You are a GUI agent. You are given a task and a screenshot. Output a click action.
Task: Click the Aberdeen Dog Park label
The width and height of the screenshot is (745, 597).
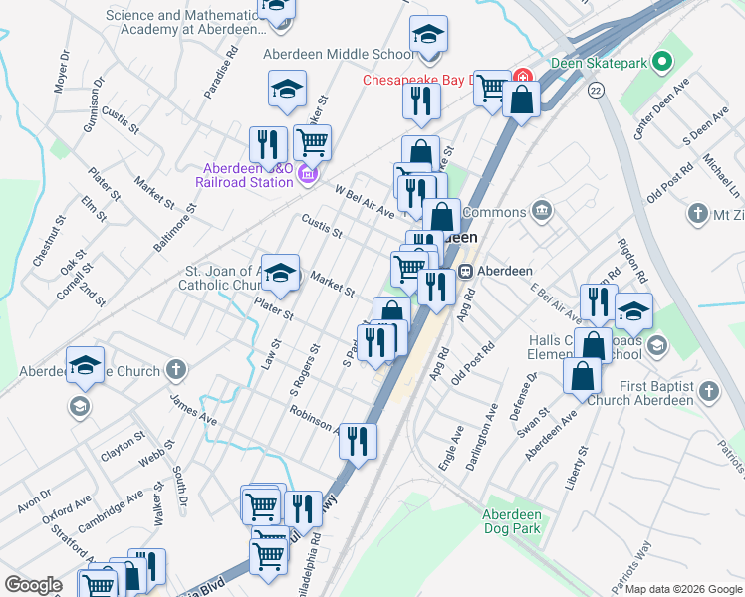[x=511, y=521]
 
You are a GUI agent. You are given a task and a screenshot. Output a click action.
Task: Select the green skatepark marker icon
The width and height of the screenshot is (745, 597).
[x=656, y=62]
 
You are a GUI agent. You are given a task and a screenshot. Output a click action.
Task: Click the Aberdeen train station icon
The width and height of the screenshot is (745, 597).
[x=465, y=271]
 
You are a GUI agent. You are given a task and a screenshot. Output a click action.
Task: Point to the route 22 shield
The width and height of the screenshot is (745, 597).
[x=595, y=90]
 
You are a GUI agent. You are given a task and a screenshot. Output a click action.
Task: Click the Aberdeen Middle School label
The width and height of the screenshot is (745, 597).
[x=339, y=54]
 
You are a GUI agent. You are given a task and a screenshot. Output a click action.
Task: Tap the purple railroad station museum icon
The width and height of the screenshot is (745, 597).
[x=307, y=175]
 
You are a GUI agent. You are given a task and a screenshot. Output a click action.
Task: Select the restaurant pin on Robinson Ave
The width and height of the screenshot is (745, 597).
[x=358, y=440]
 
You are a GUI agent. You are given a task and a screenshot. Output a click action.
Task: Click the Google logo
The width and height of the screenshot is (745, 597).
[x=33, y=585]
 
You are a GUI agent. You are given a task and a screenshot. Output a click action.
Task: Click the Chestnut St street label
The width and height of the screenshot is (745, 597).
[x=45, y=240]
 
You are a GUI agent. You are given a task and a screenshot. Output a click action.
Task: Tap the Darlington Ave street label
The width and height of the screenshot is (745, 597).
[x=489, y=426]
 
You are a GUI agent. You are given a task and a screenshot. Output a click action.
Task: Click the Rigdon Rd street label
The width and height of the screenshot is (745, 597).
[x=632, y=261]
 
